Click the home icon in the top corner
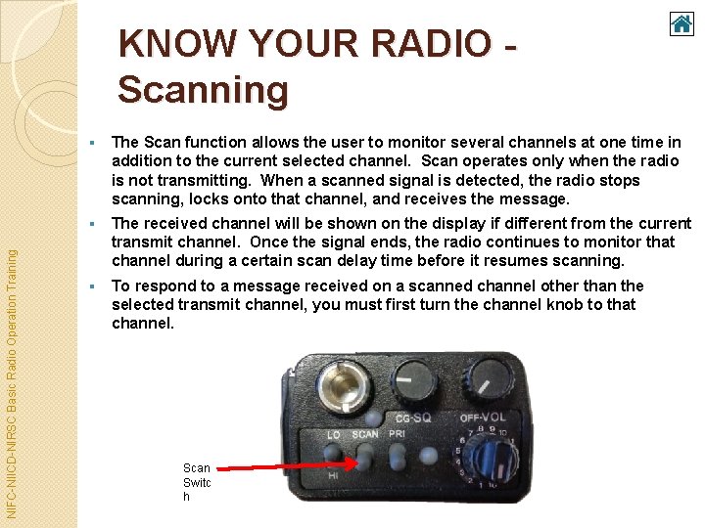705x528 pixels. point(681,23)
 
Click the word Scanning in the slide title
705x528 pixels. point(204,90)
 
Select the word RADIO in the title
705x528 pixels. point(431,44)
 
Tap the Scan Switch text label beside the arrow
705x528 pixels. point(197,482)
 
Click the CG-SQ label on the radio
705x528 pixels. point(413,418)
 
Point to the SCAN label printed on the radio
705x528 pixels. point(364,434)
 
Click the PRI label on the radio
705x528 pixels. point(398,434)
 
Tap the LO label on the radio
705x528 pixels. point(334,434)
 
